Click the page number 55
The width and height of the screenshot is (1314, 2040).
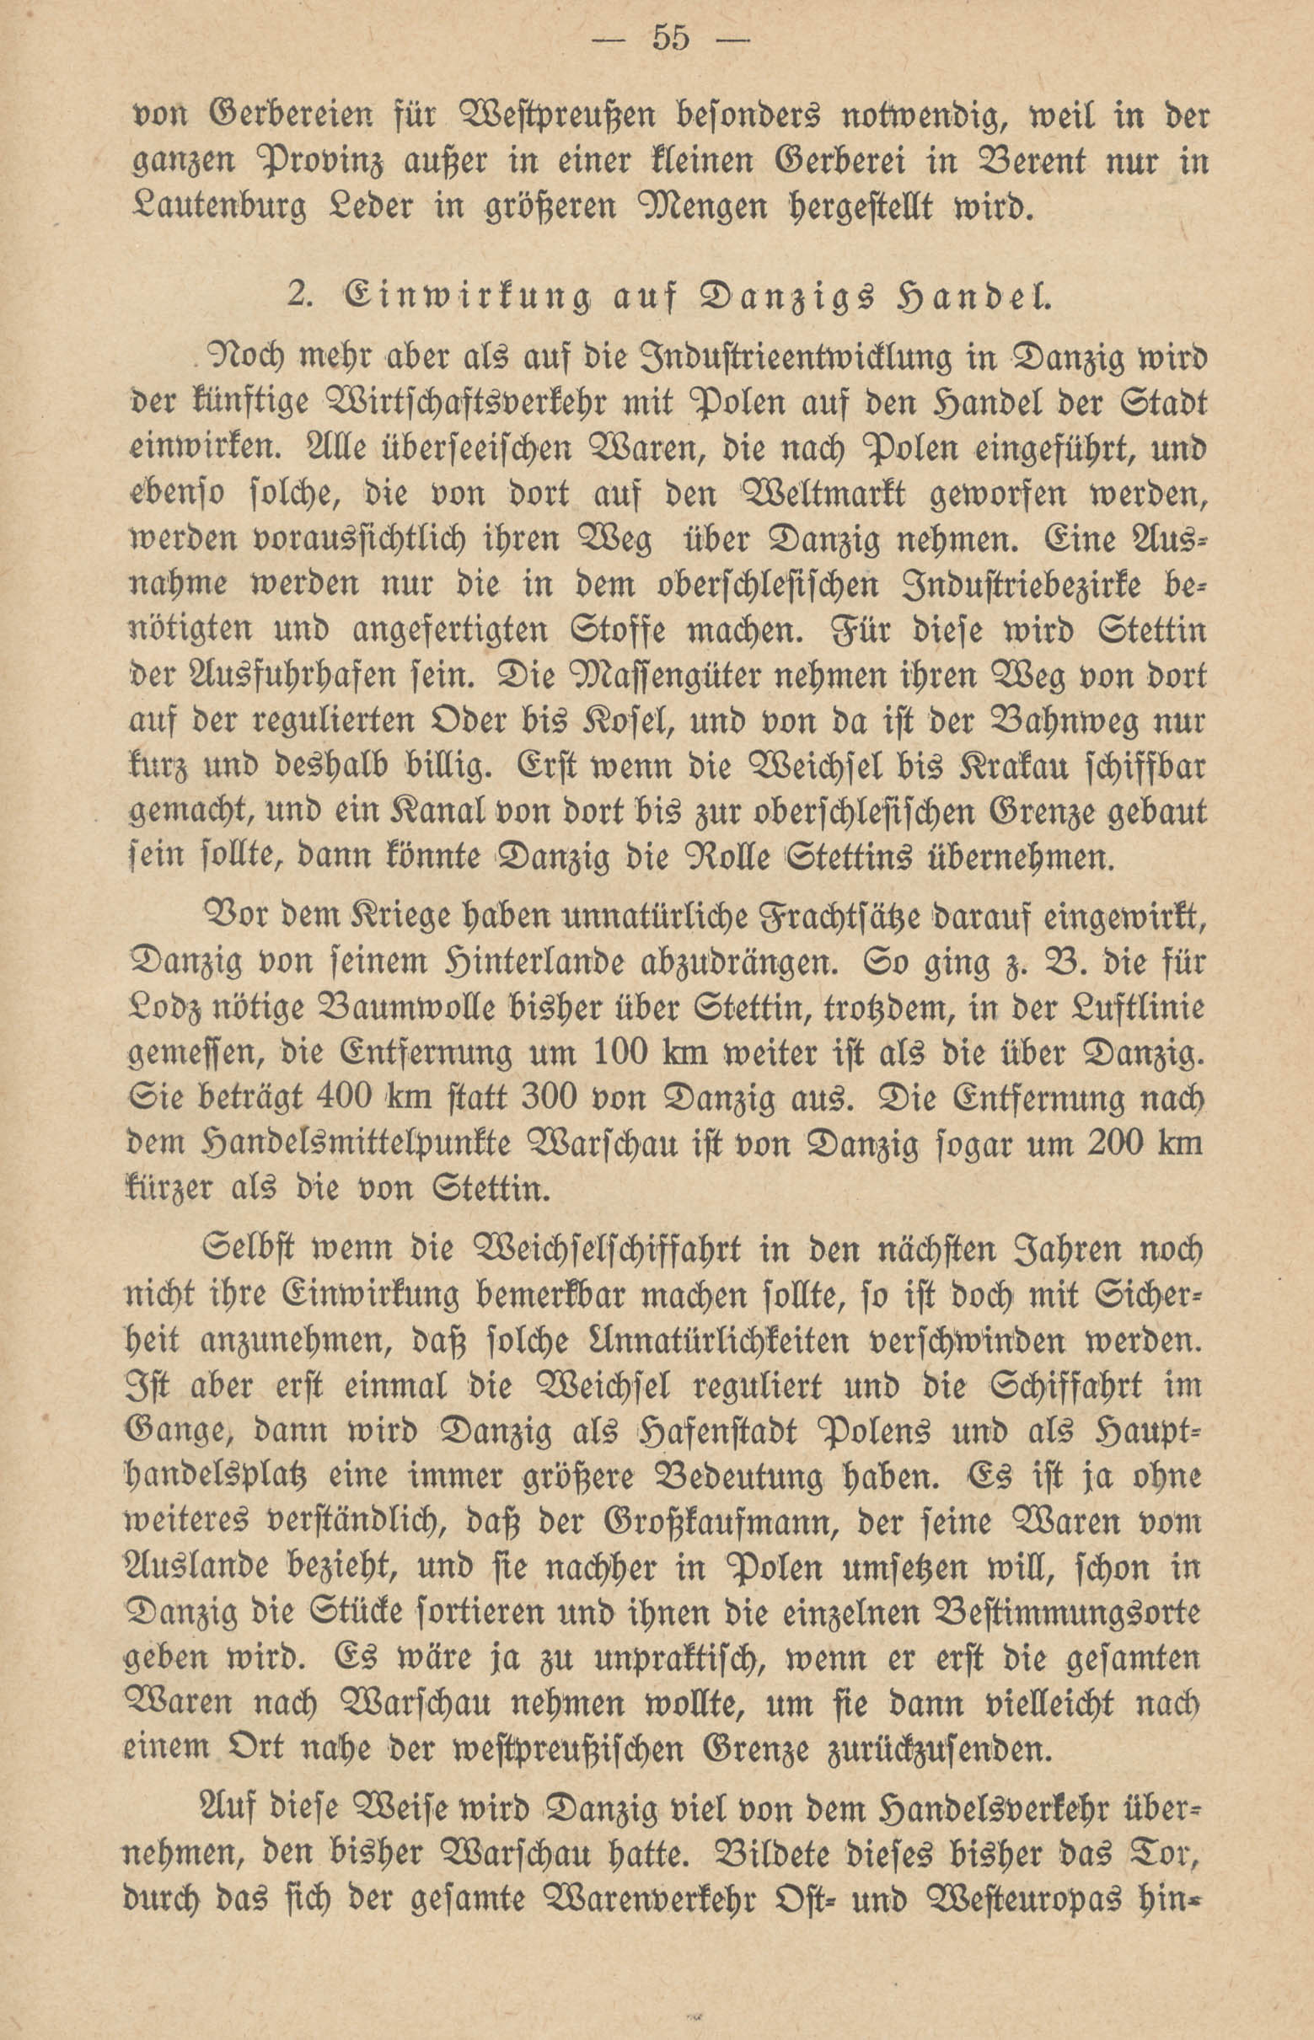click(670, 40)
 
